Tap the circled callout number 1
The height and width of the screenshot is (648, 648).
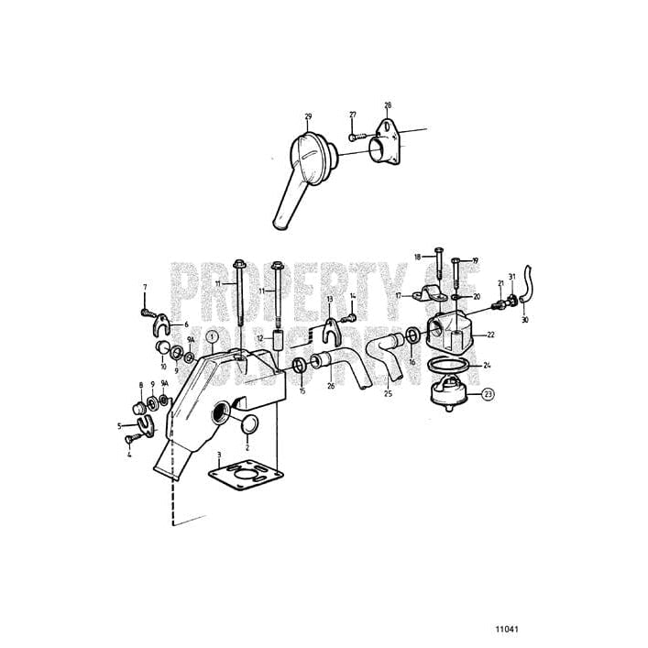point(212,336)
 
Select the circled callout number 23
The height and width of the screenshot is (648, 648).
point(489,394)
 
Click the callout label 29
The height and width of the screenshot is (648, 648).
point(307,116)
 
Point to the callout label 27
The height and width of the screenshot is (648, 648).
point(352,115)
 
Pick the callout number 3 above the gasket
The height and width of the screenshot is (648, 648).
point(219,454)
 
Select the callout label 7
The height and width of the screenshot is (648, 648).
point(144,288)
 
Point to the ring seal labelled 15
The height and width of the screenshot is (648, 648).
point(300,368)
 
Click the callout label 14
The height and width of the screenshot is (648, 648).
point(352,296)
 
